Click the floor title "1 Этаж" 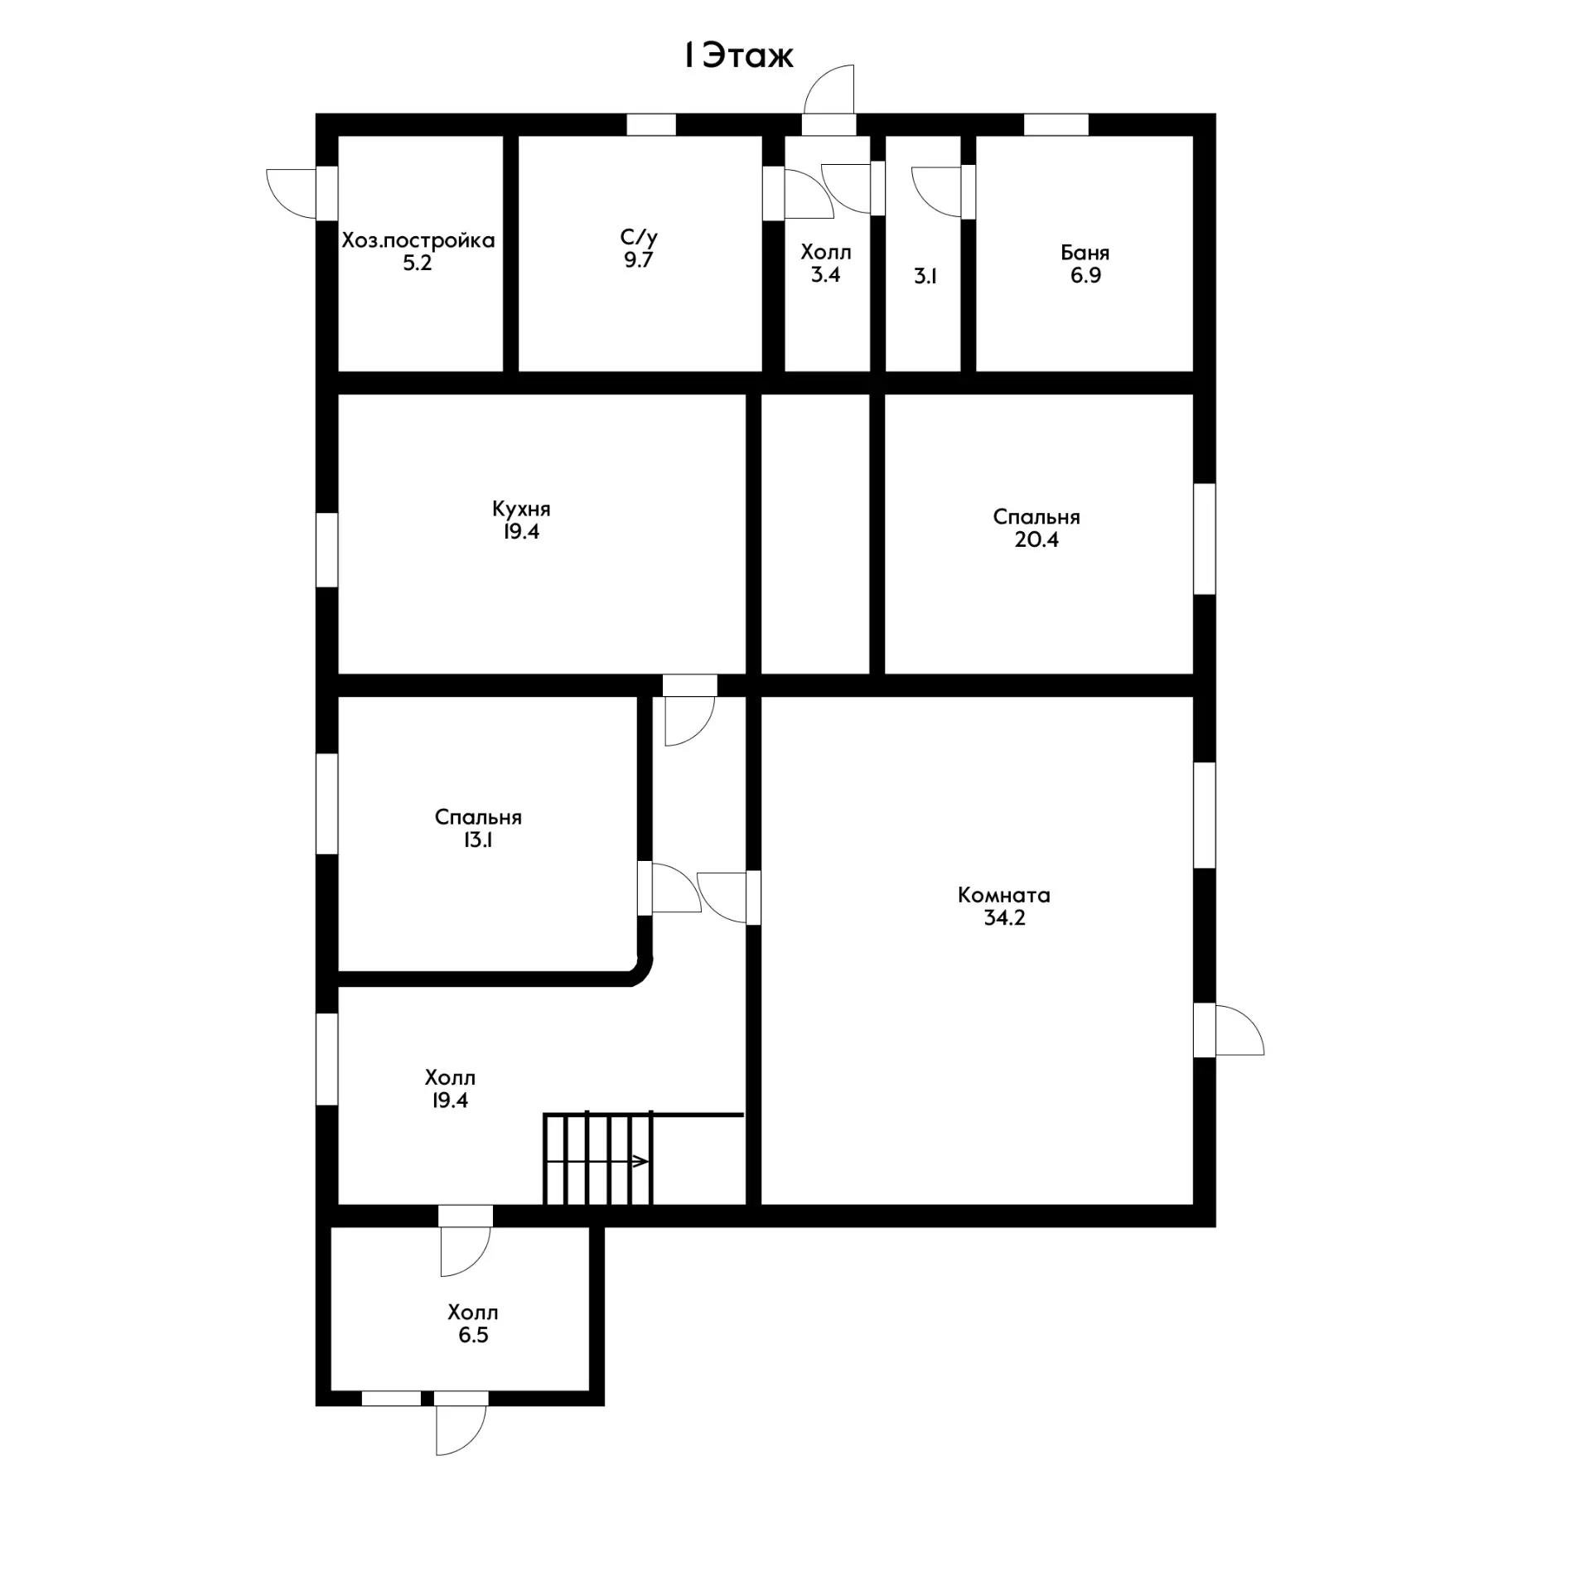click(738, 56)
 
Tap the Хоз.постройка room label click(418, 241)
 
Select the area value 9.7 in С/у click(639, 260)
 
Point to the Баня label click(1085, 253)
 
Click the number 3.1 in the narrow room click(925, 277)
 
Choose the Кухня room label click(521, 509)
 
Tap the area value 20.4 click(1036, 540)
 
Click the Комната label click(1004, 895)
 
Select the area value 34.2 click(1004, 918)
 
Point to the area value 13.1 click(479, 840)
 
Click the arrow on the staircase click(597, 1161)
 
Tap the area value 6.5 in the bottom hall click(473, 1336)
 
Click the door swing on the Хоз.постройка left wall click(291, 193)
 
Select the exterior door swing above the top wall click(829, 89)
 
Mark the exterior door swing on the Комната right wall click(1239, 1030)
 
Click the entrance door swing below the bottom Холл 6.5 click(461, 1431)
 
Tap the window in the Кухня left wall click(327, 549)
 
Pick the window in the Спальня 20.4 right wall click(1205, 539)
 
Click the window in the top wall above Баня click(1056, 124)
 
